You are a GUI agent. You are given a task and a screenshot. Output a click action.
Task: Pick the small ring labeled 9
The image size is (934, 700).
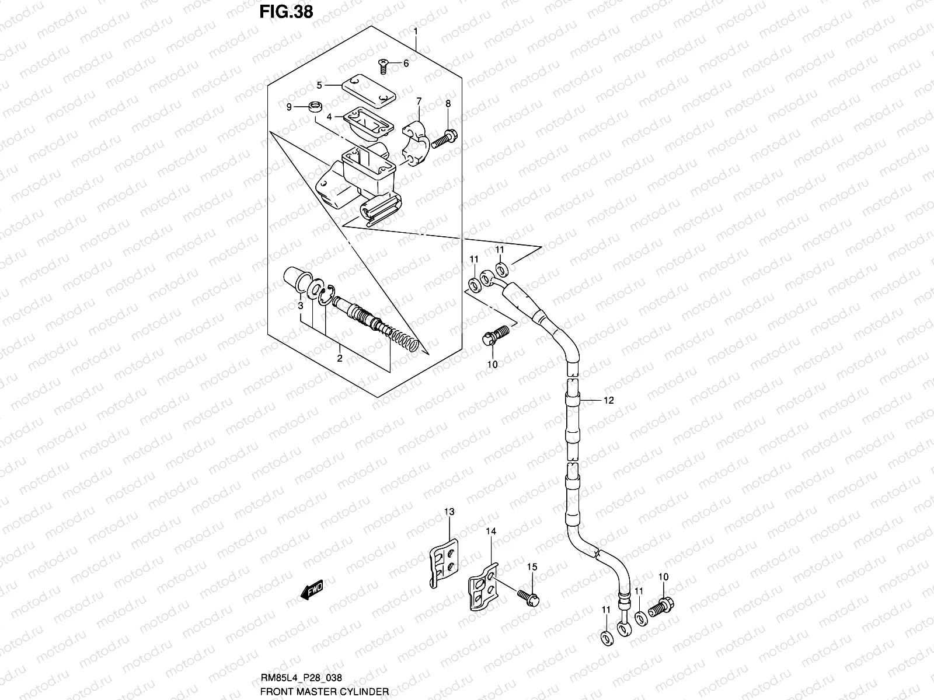[332, 107]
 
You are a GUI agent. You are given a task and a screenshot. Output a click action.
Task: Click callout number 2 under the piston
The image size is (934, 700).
[340, 358]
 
